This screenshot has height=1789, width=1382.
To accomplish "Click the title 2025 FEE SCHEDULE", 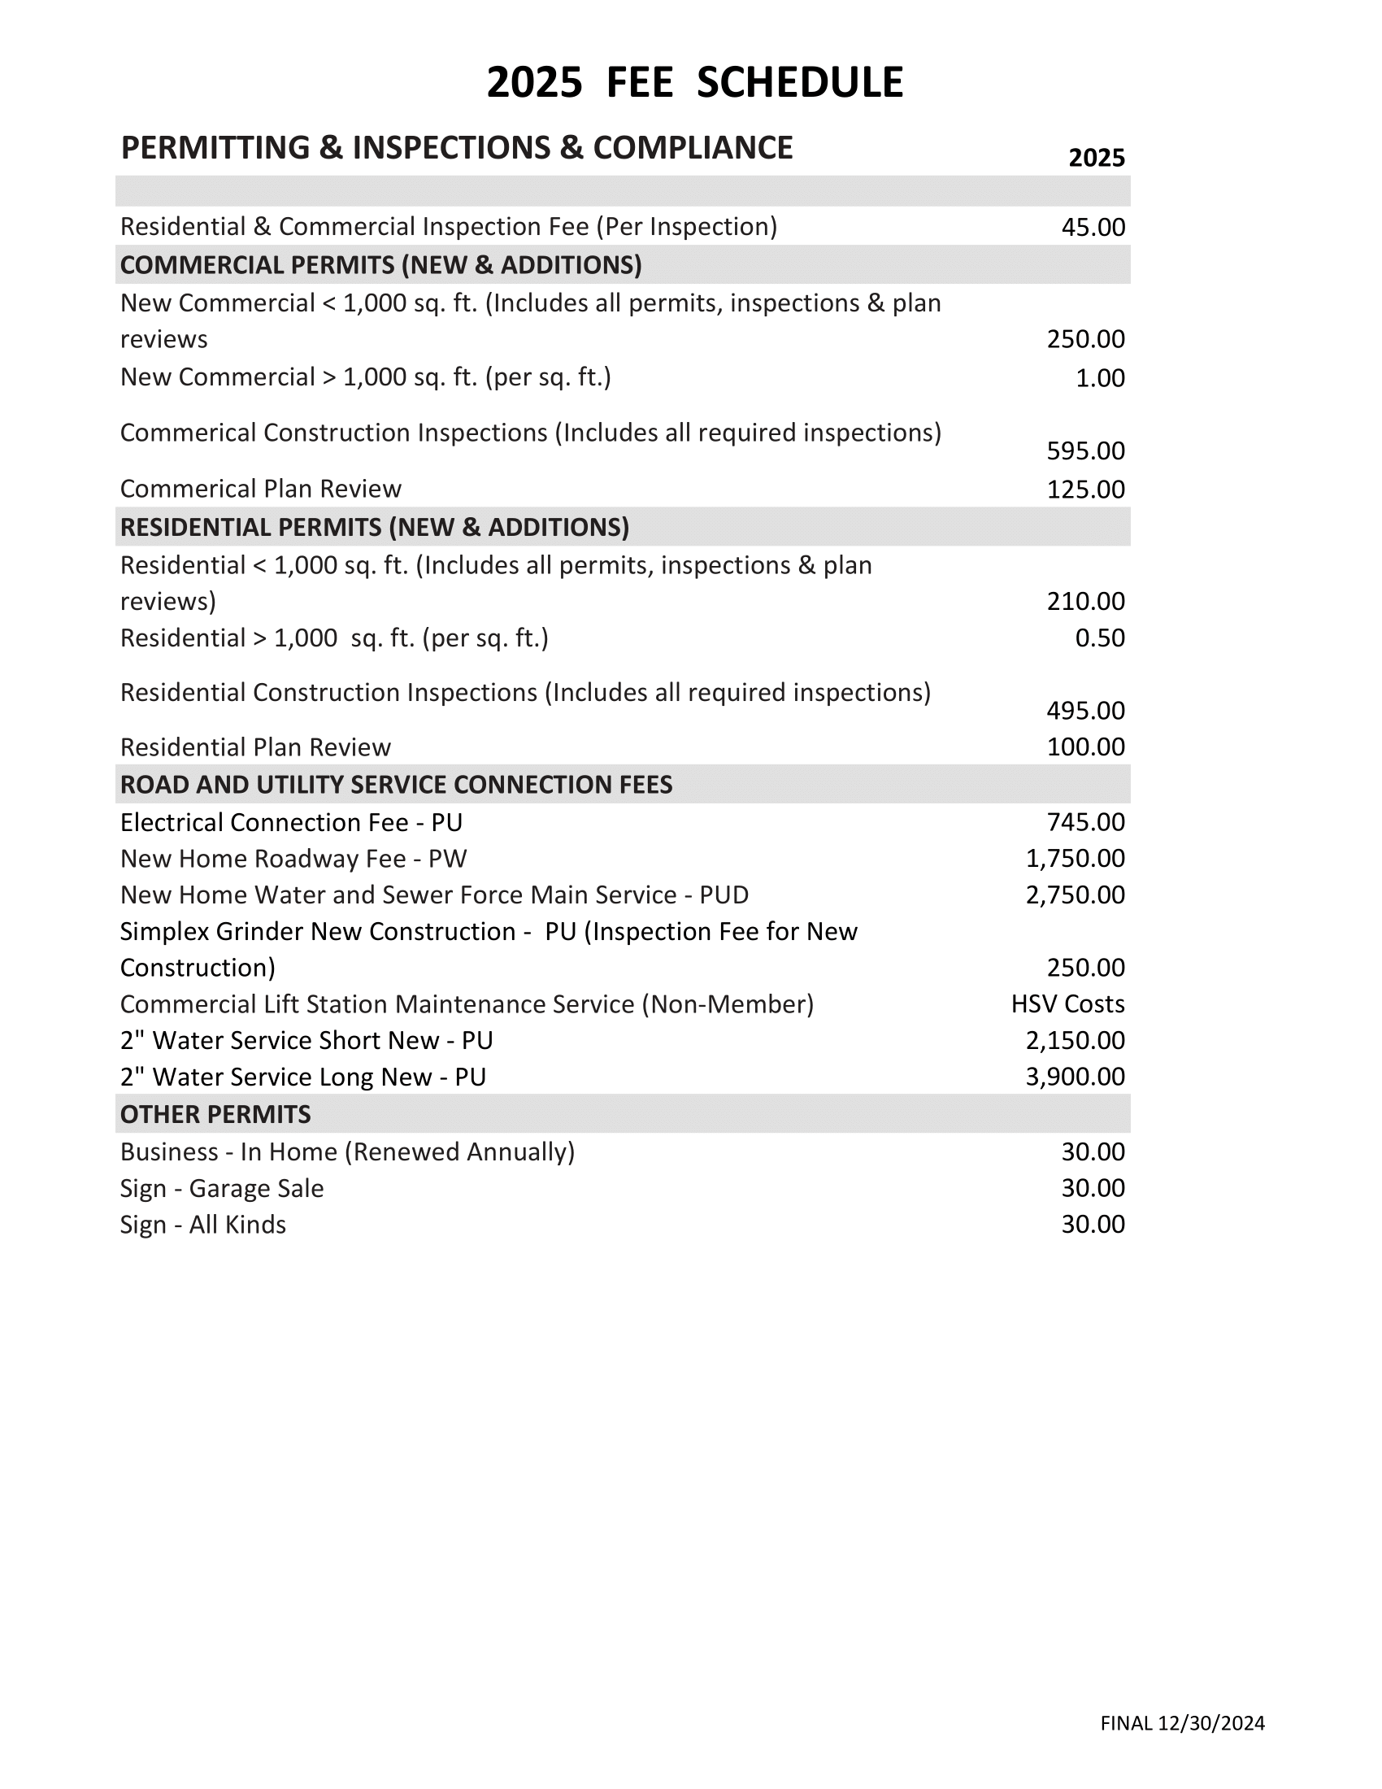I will [x=694, y=83].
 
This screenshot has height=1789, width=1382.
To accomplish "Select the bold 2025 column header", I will [x=1097, y=157].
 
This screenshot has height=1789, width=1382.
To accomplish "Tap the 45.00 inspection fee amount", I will [x=1093, y=227].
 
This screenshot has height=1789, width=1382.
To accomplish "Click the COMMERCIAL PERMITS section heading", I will [x=380, y=264].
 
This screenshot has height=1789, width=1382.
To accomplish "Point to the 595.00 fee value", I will [x=1085, y=451].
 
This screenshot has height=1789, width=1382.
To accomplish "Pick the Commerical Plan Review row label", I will [x=260, y=489].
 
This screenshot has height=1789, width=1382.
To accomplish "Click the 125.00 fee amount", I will [x=1085, y=489].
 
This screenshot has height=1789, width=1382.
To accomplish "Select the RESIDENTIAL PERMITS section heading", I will [x=374, y=527].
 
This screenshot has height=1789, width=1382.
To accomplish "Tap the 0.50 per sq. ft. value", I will [x=1100, y=638].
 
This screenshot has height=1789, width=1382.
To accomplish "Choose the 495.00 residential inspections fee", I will [x=1085, y=710].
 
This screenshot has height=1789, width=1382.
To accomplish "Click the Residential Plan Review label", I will [x=255, y=747].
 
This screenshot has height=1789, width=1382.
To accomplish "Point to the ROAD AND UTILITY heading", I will [x=396, y=785].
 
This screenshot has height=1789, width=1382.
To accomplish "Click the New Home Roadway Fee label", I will [x=293, y=859].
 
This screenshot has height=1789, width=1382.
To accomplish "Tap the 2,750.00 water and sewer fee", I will [x=1075, y=894].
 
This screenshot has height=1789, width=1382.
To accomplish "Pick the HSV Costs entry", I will [x=1067, y=1004].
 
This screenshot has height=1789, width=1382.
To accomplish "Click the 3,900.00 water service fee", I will [x=1075, y=1077].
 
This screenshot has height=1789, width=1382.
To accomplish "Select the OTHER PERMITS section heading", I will [x=215, y=1114].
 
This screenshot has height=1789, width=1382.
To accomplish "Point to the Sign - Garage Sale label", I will [x=222, y=1188].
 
